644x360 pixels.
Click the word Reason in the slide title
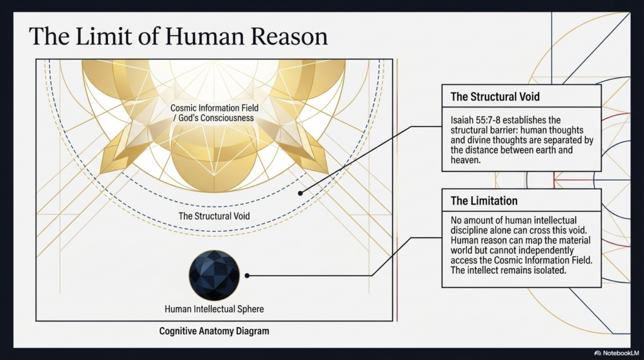pyautogui.click(x=289, y=36)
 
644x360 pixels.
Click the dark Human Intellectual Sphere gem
pyautogui.click(x=214, y=275)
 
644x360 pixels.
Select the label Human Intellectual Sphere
pyautogui.click(x=214, y=309)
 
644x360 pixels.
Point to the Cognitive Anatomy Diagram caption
pyautogui.click(x=214, y=331)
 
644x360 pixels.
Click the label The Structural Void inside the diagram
pyautogui.click(x=214, y=216)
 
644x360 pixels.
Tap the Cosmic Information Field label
pyautogui.click(x=214, y=108)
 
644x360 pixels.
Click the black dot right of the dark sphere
pyautogui.click(x=247, y=276)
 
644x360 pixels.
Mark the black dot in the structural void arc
pyautogui.click(x=300, y=193)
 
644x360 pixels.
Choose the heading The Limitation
pyautogui.click(x=484, y=201)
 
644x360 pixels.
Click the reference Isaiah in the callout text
pyautogui.click(x=462, y=120)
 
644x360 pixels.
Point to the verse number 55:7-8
pyautogui.click(x=487, y=120)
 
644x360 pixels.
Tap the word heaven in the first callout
pyautogui.click(x=464, y=160)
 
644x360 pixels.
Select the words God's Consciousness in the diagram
pyautogui.click(x=216, y=118)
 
